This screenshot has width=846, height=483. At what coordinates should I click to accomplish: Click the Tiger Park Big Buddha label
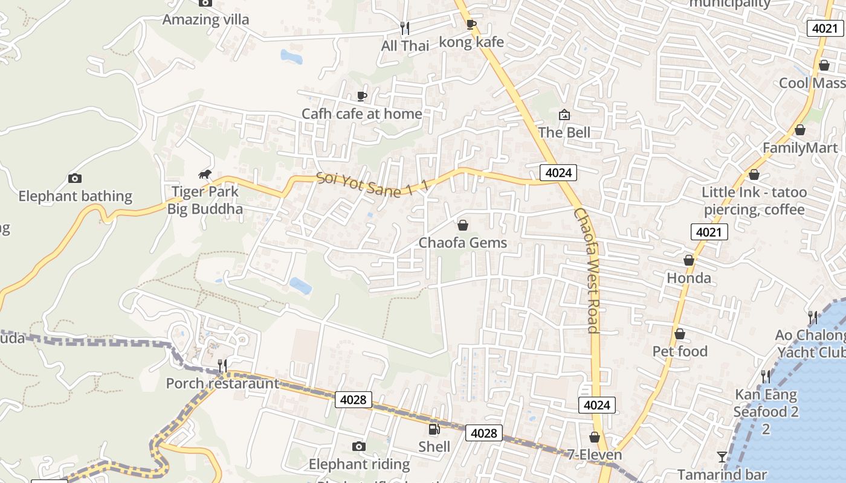point(206,200)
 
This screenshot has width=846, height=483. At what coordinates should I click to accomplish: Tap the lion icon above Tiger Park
point(205,174)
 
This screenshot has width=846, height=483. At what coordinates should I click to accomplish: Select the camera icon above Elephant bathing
point(75,178)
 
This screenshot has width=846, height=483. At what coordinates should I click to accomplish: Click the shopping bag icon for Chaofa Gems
point(463,225)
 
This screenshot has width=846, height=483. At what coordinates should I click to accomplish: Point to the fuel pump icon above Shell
point(434,429)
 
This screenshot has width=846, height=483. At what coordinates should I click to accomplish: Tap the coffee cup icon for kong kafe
point(471,24)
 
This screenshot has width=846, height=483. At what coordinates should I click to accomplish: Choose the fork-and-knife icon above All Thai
point(405,28)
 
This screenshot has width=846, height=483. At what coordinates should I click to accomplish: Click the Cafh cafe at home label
point(362,114)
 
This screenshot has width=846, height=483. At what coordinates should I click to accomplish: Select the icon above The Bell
point(564,114)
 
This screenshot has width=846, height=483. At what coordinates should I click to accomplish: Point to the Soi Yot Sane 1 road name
point(372,184)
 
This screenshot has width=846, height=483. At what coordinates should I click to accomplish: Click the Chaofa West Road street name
point(587,270)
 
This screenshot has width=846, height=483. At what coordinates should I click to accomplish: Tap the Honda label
point(689,278)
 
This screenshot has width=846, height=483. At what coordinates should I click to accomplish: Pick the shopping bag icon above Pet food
point(680,334)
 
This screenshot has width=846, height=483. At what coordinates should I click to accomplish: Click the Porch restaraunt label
point(222,383)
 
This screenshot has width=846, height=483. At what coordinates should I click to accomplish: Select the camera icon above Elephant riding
point(359,446)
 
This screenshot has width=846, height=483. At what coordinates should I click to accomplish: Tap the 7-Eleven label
point(595,454)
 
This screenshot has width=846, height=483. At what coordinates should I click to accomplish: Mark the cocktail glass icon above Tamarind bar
point(722,457)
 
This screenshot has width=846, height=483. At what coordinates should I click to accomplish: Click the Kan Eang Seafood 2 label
point(766,403)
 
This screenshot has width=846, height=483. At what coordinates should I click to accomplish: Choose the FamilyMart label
point(800,148)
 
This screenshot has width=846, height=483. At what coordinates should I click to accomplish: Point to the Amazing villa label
point(205,19)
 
